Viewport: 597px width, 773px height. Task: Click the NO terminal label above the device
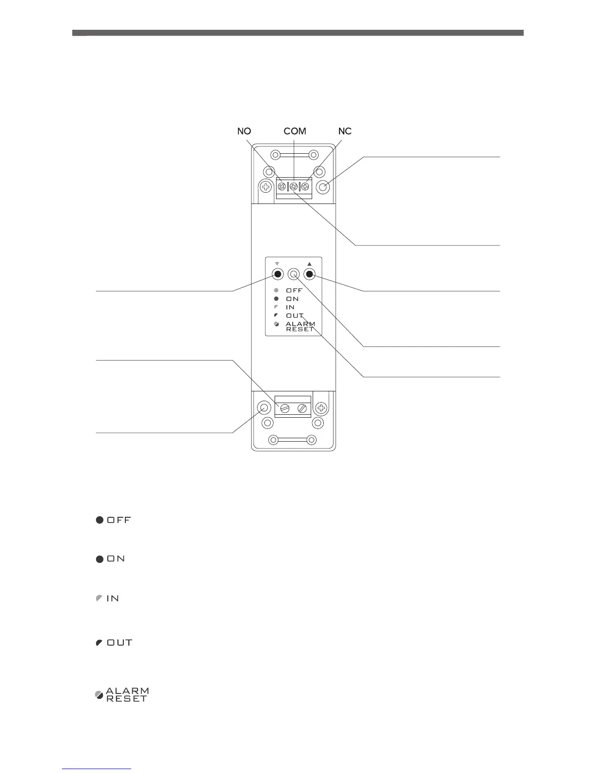(244, 131)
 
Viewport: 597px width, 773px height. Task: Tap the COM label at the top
(295, 131)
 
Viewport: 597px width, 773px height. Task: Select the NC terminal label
(345, 131)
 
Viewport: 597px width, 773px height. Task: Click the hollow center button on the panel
(293, 274)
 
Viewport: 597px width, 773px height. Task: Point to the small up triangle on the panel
(309, 264)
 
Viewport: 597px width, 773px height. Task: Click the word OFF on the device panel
(294, 290)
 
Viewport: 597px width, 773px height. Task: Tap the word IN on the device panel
(290, 307)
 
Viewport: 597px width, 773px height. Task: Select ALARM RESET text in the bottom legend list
(127, 694)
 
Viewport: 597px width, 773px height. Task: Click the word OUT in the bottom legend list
(119, 643)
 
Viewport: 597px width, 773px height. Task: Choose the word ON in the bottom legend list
(116, 559)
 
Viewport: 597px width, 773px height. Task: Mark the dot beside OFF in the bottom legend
(99, 520)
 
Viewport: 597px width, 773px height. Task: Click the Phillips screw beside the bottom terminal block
(321, 407)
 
